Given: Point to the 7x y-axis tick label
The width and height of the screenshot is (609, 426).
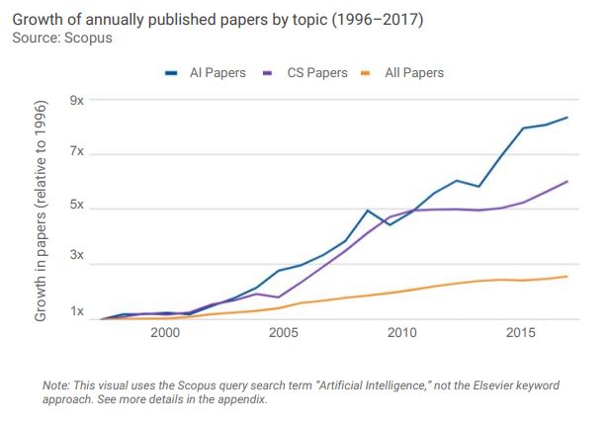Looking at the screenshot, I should pos(76,153).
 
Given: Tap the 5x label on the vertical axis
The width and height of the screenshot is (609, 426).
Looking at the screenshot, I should pos(76,208).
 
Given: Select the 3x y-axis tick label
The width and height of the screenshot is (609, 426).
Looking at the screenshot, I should pos(76,260).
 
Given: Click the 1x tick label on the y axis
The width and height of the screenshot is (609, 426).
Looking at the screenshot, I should pos(76,313).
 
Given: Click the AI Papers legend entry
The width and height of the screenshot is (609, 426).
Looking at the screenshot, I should pos(211,72).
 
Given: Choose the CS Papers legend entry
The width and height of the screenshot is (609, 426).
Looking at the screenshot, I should pos(308,72).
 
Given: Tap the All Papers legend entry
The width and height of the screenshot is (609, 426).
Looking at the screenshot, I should pos(408,72).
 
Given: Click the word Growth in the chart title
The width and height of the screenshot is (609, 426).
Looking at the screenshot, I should pos(38,20).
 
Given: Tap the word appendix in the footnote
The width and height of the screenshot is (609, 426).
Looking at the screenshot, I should pos(242,400).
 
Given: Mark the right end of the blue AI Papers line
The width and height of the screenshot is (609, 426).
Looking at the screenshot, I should pos(566,118).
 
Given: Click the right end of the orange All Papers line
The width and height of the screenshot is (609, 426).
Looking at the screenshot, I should pos(566,277).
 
